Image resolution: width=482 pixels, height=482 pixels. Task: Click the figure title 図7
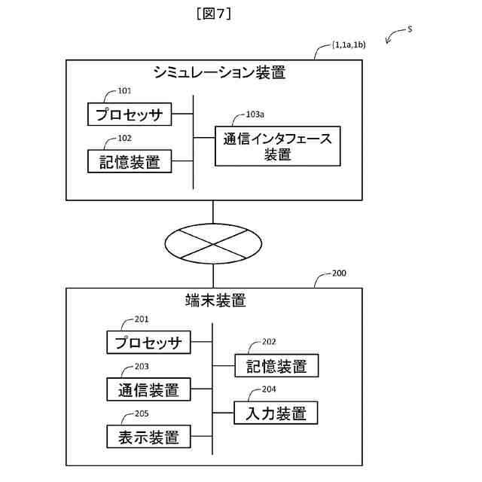tap(212, 13)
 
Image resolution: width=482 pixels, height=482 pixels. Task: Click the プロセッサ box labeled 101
tap(129, 115)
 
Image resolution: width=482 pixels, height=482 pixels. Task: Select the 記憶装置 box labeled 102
tap(129, 161)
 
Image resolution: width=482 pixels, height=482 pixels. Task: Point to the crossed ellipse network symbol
tap(214, 244)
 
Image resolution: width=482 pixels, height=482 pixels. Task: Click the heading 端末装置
tap(215, 300)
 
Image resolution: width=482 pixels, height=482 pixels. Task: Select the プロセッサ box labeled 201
tap(148, 343)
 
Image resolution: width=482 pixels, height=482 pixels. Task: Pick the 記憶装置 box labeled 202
tap(276, 366)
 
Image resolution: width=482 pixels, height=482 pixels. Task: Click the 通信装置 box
tap(148, 390)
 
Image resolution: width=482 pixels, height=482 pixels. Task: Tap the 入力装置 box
tap(276, 413)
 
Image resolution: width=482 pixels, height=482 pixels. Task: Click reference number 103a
tap(255, 115)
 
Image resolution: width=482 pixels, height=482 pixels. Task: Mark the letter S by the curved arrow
tap(410, 29)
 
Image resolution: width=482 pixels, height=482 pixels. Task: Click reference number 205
tap(142, 413)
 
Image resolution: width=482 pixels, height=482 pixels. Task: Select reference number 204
tap(269, 389)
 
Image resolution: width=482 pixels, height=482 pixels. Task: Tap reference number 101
tap(124, 91)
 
